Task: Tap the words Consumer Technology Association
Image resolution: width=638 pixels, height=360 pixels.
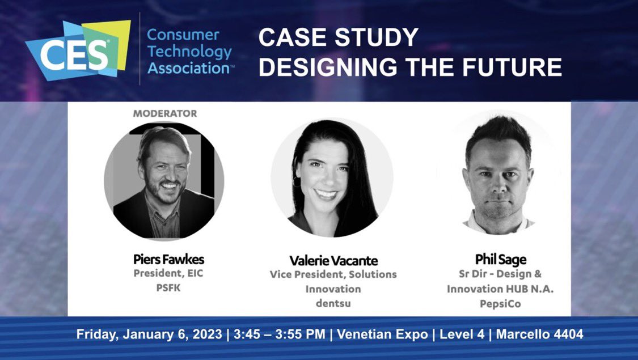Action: click(x=189, y=52)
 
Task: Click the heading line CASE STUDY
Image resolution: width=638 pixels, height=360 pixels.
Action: click(x=339, y=38)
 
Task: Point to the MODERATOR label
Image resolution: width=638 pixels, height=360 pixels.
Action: click(x=165, y=113)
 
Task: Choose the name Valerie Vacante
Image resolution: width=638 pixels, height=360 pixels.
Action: click(x=333, y=261)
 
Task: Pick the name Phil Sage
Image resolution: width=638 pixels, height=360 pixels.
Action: click(x=500, y=260)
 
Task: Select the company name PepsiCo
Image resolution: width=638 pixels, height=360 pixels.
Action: click(x=500, y=304)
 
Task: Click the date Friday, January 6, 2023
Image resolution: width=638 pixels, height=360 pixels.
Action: click(x=149, y=334)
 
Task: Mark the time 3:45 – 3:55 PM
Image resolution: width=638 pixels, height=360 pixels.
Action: click(x=280, y=334)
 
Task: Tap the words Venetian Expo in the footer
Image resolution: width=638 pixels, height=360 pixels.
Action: click(x=382, y=334)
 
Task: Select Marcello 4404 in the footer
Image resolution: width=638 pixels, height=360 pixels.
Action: click(x=539, y=334)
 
